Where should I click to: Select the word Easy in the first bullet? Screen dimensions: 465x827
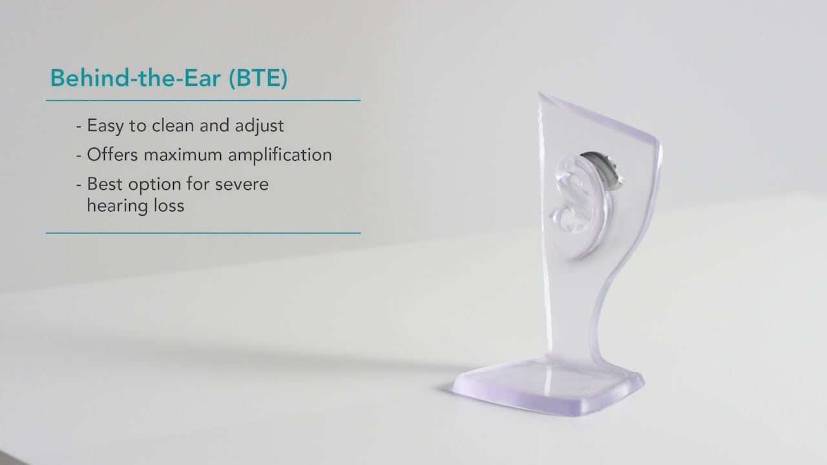107,125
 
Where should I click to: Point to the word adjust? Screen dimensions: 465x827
260,125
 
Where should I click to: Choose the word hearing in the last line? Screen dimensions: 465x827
114,206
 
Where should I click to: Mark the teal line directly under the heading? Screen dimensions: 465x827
203,101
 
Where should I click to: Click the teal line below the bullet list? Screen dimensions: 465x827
203,232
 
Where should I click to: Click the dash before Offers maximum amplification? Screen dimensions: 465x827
79,156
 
